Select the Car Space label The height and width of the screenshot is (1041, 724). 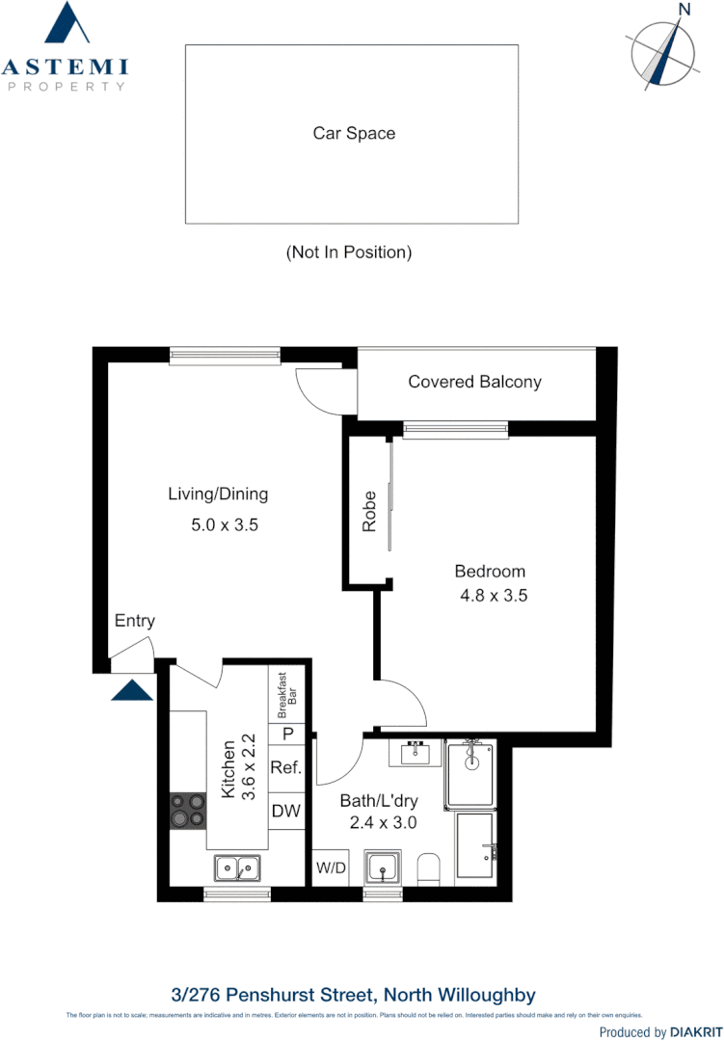tap(354, 134)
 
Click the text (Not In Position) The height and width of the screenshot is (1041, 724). tap(349, 253)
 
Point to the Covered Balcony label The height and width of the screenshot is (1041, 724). tap(474, 382)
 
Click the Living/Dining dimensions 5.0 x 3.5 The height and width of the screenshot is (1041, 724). tap(226, 526)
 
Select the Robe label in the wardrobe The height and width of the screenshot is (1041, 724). tap(369, 513)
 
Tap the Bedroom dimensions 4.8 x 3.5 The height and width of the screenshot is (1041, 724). tap(494, 596)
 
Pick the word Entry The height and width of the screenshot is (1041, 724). tap(135, 621)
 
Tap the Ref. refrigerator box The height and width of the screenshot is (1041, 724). tap(286, 768)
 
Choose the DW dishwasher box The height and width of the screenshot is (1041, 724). tap(286, 812)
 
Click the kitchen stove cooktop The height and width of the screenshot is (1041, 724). tap(188, 810)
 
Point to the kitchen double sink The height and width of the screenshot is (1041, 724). tap(236, 868)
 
